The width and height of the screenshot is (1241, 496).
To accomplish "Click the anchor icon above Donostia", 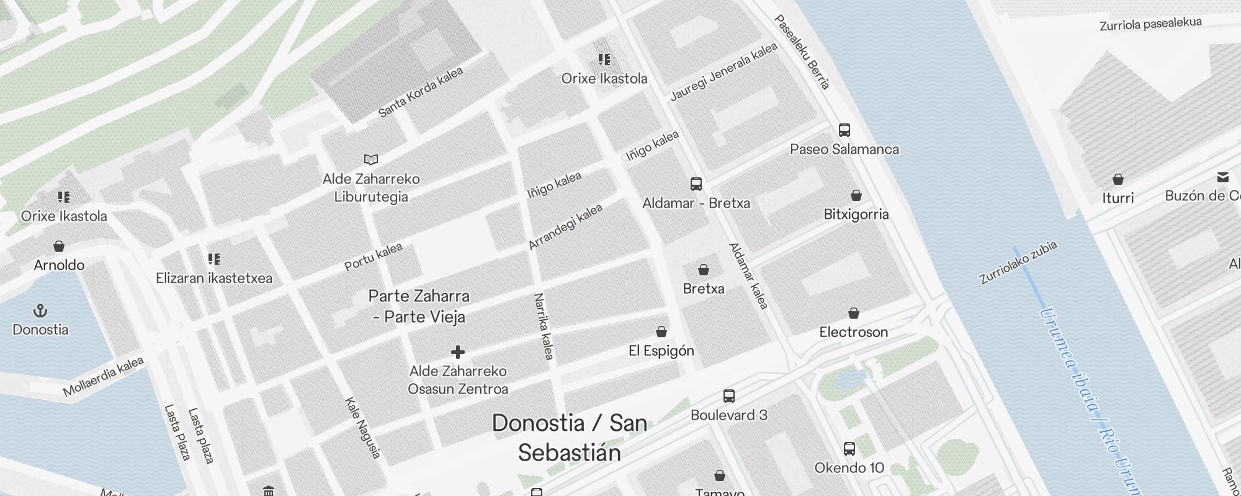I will pos(40,310).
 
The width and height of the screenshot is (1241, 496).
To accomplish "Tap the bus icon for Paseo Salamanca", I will pos(844,130).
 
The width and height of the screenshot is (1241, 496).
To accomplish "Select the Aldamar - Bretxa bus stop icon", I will pos(696,184).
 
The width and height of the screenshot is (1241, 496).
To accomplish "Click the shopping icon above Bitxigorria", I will pos(856,195).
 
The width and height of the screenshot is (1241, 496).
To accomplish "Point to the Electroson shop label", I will pos(853,332).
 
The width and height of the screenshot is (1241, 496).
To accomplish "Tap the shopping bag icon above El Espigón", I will pos(661,332).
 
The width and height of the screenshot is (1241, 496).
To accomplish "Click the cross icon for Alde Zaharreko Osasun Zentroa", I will pos(458,352).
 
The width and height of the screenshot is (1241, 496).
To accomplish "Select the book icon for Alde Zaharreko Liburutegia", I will pos(371,160).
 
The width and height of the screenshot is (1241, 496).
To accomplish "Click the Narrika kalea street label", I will pos(544,327).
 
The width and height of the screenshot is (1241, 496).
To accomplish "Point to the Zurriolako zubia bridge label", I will pos(1018,263).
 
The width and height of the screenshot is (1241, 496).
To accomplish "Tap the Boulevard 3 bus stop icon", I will pos(729,396).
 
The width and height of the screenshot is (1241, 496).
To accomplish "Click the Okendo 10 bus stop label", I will pos(849,467).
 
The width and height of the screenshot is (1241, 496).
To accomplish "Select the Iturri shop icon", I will pos(1118,179).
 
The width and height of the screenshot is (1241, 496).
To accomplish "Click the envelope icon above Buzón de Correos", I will pos(1222,177).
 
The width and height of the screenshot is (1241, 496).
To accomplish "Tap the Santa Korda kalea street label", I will pos(420,92).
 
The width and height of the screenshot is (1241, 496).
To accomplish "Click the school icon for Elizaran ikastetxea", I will pos(214,259).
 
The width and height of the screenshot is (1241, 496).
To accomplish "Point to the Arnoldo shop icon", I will pos(59,246).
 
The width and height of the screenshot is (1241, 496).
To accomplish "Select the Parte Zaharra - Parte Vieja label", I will pos(419,306).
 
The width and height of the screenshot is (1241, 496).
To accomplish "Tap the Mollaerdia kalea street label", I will pos(103,376).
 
